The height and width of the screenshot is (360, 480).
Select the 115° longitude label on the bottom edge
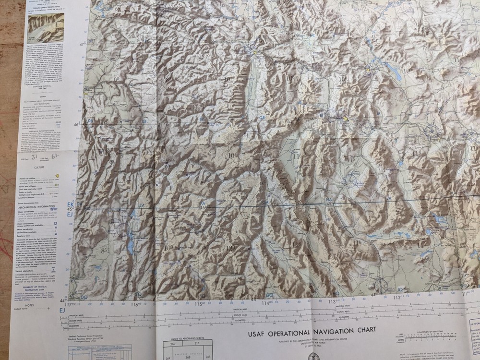click(198, 303)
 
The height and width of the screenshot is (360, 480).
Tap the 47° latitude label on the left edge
click(82, 43)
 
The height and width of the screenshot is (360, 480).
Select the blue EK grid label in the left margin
click(71, 204)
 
